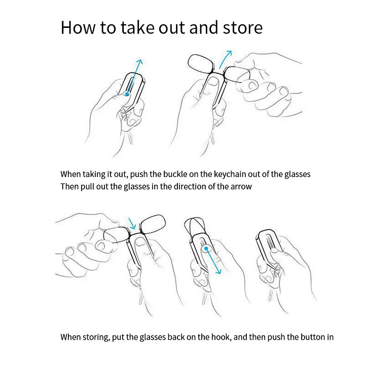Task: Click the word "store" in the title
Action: click(243, 28)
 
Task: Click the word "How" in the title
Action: click(78, 28)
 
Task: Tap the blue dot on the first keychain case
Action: click(127, 94)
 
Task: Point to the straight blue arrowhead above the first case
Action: click(140, 62)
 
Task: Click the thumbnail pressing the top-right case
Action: click(212, 83)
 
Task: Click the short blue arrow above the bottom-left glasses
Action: click(132, 224)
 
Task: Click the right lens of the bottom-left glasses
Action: click(153, 224)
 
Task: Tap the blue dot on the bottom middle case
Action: click(206, 248)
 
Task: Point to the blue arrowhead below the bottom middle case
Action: click(218, 271)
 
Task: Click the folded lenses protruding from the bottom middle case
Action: click(194, 227)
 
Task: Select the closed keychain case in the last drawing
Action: click(269, 247)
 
